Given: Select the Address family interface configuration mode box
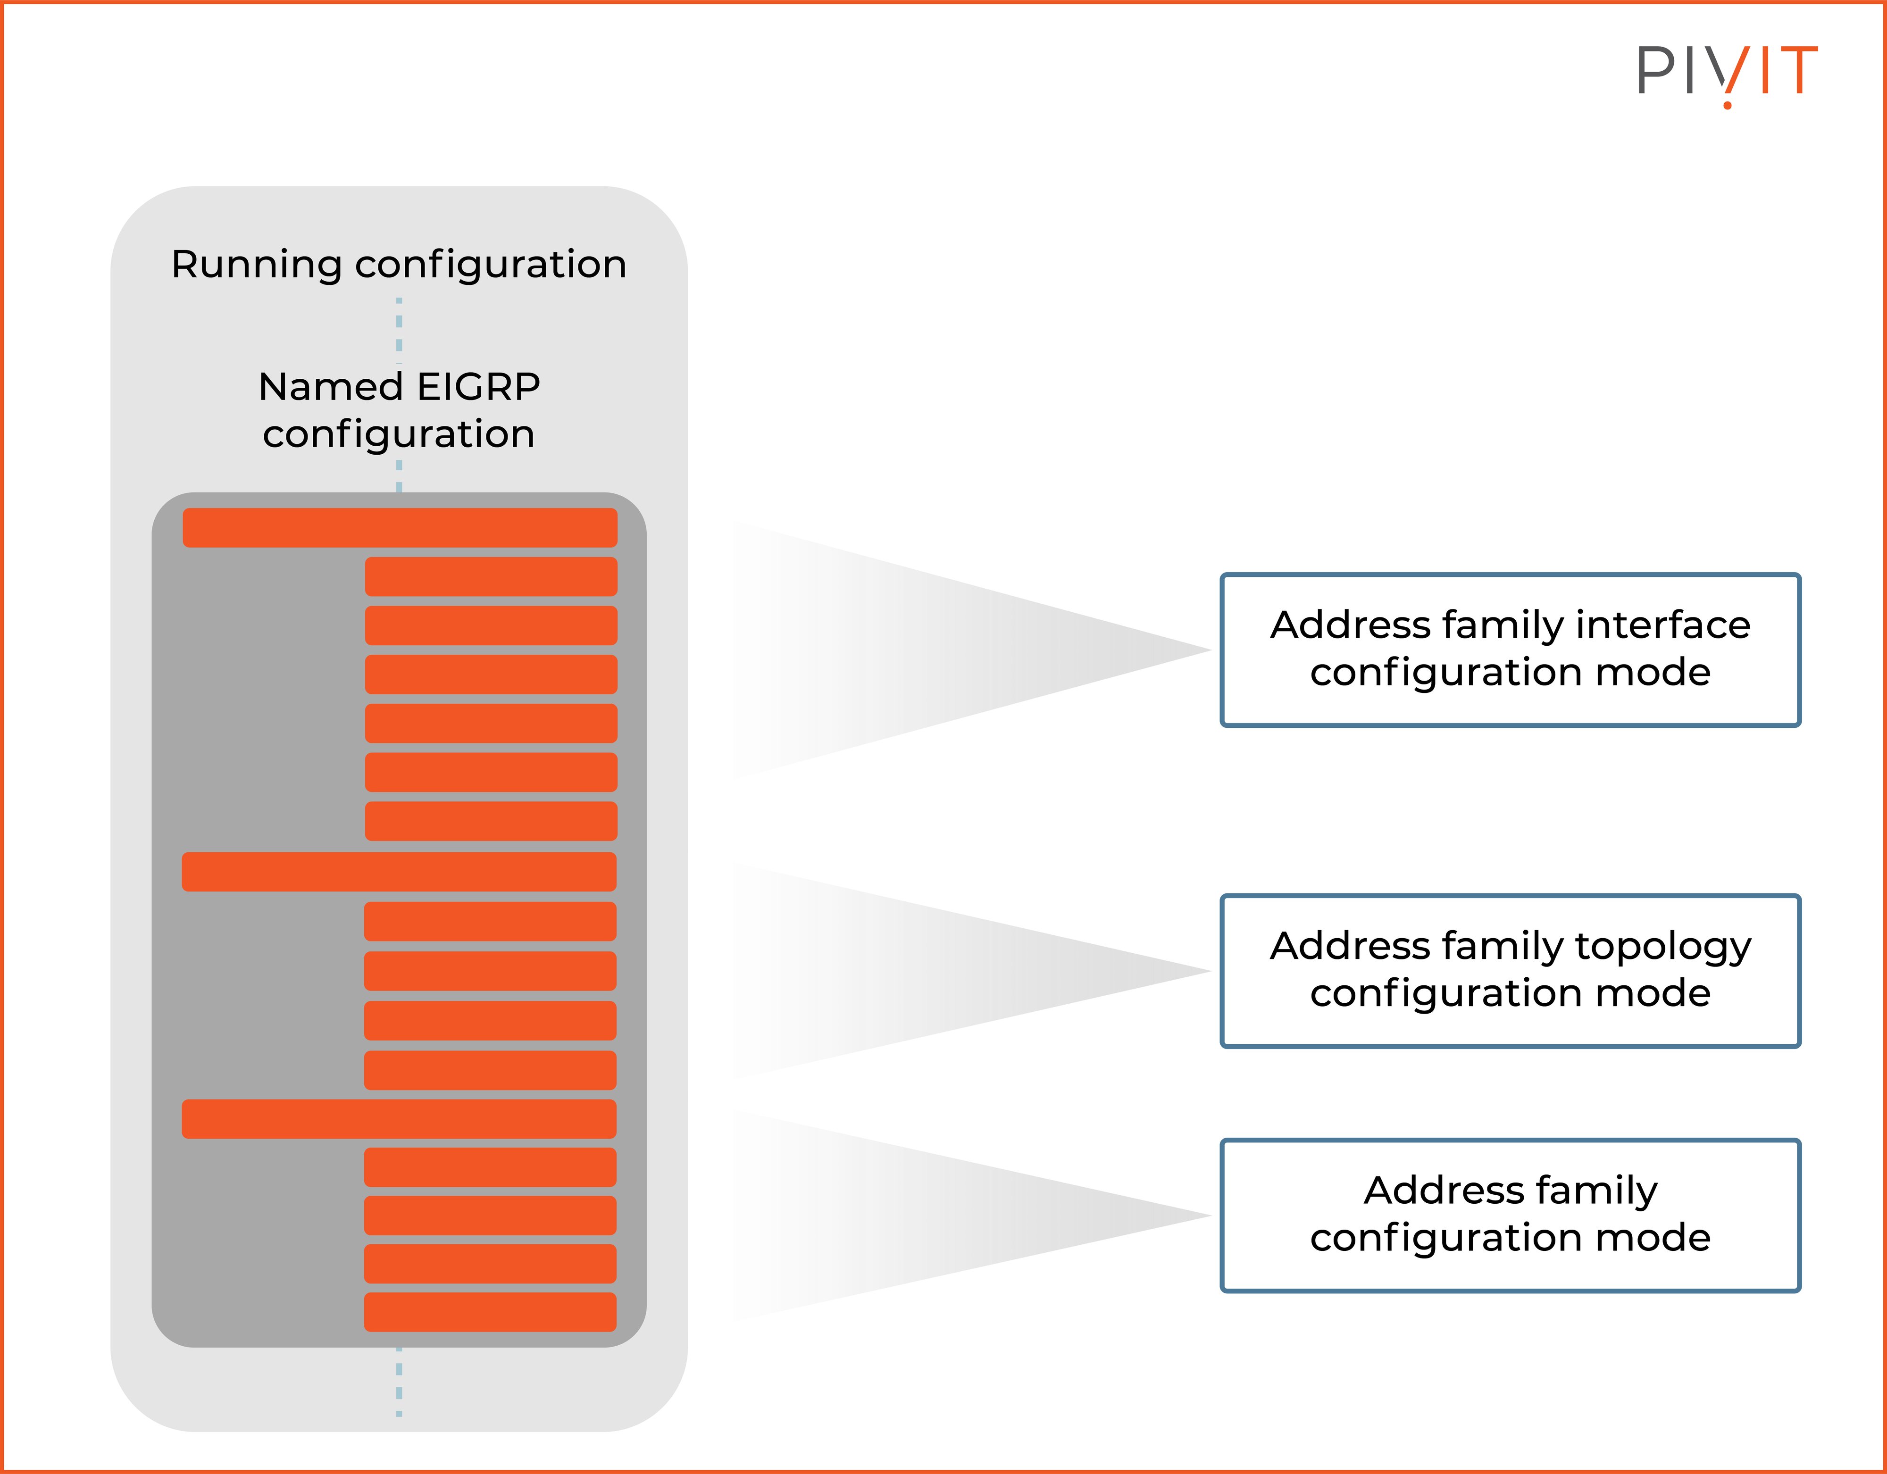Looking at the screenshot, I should tap(1510, 650).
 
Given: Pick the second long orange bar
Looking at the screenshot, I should tap(399, 872).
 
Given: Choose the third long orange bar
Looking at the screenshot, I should tap(399, 1119).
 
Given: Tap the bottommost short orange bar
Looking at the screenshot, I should tap(490, 1312).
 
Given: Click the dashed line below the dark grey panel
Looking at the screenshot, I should tap(399, 1382).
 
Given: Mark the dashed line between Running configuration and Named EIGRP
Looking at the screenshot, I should tap(399, 326).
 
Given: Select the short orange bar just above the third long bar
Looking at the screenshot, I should tap(490, 1070).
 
